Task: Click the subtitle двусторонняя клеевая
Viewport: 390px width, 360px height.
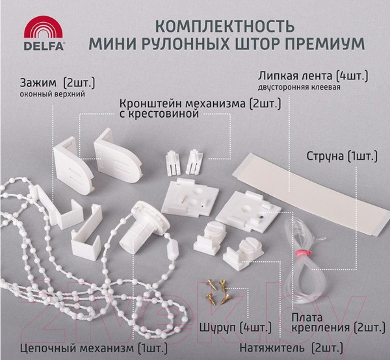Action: (x=299, y=87)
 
